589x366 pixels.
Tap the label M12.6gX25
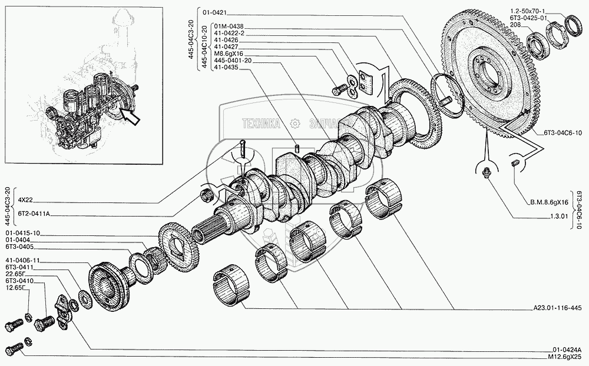tap(567, 357)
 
